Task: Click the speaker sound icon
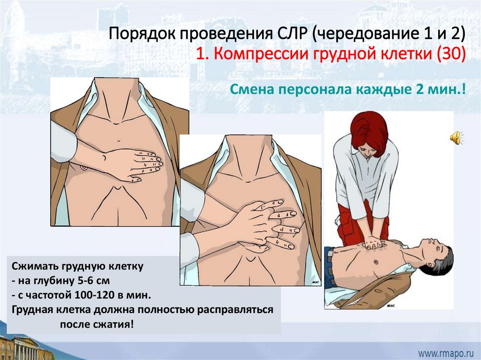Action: [x=457, y=138]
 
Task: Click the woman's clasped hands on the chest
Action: [x=373, y=242]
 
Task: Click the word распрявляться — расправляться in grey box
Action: [x=235, y=310]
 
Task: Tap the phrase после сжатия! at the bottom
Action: [x=97, y=324]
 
